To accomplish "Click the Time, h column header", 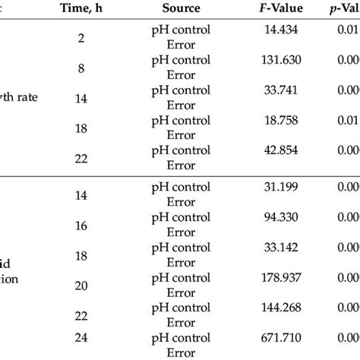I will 81,9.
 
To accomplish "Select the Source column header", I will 181,9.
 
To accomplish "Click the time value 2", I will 81,36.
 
